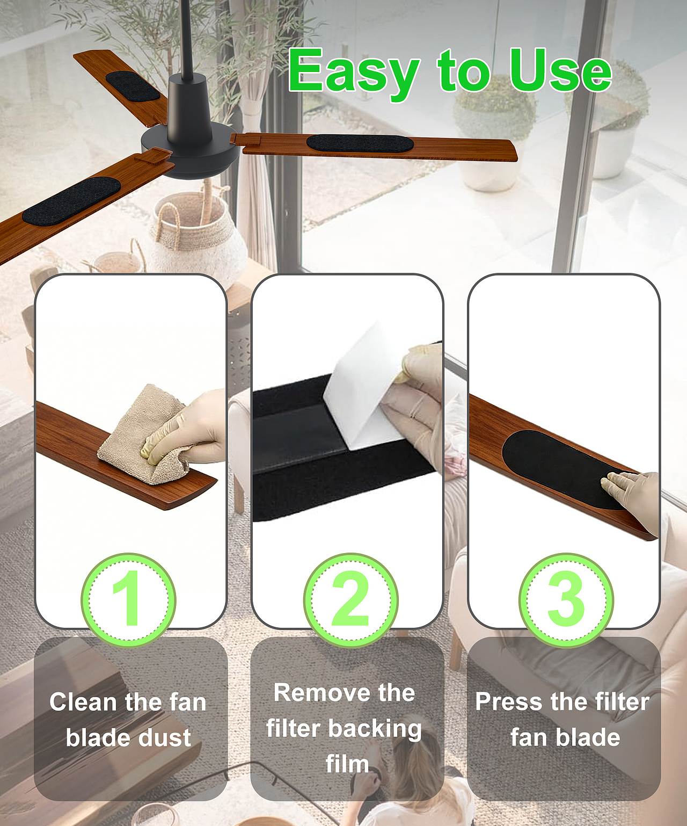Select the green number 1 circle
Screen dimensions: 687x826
coord(128,600)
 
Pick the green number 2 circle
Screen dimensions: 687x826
coord(350,600)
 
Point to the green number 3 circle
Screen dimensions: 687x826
coord(566,600)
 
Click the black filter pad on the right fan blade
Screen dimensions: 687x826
coord(360,143)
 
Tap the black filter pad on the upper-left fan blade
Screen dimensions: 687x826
coord(133,85)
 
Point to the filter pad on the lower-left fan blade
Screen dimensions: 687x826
coord(71,199)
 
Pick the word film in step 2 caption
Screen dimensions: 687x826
coord(347,764)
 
